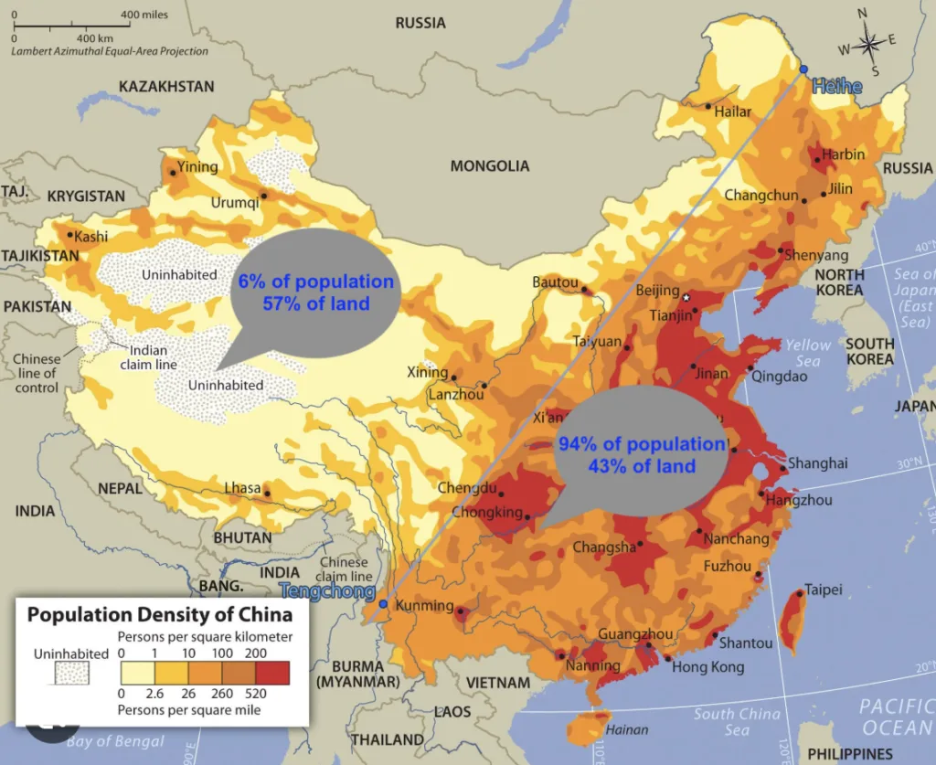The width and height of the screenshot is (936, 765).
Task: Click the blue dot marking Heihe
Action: click(803, 69)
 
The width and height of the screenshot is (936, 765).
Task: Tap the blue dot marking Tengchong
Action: click(383, 604)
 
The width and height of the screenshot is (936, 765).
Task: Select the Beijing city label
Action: click(657, 292)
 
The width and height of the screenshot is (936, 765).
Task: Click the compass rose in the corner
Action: click(867, 41)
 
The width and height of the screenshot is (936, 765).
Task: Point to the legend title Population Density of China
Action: click(160, 614)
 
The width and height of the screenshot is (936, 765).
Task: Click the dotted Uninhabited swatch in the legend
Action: click(70, 675)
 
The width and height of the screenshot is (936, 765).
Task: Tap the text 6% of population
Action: click(316, 282)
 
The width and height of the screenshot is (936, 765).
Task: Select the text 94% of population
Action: click(641, 445)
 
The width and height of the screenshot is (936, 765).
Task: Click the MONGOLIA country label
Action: click(489, 166)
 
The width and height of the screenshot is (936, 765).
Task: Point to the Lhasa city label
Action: click(242, 488)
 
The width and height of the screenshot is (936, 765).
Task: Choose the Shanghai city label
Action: click(817, 463)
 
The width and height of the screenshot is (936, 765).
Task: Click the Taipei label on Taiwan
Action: click(823, 590)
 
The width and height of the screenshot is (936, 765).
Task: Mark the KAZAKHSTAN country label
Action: click(166, 87)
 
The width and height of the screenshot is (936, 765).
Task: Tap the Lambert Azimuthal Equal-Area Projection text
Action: click(110, 51)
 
